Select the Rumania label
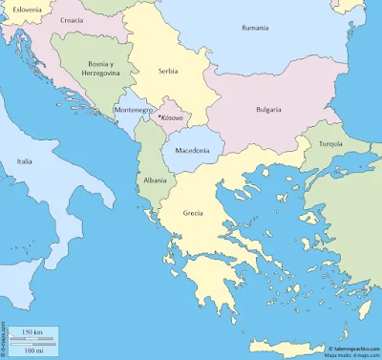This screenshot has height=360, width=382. coord(255,28)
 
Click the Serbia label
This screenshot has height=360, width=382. coord(168,72)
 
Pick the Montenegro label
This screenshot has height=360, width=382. coord(133,110)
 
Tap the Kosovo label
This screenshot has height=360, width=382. coord(173,117)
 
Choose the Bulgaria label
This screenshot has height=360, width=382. coord(268,110)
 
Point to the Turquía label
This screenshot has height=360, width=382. coord(330,144)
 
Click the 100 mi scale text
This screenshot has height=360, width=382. coord(32,350)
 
